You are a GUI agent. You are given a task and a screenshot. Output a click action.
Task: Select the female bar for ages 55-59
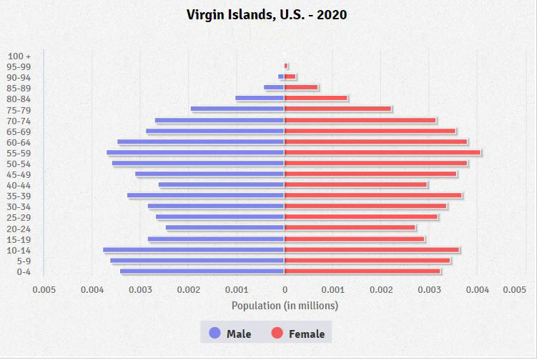coord(382,152)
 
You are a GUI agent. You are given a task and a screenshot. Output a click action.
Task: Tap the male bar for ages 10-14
coord(194,249)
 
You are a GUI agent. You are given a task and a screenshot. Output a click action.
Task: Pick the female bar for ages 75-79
coord(337,109)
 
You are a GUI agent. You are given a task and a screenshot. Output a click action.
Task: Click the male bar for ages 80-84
coord(259,98)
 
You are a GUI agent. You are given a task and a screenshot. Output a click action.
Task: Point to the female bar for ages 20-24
coord(350,228)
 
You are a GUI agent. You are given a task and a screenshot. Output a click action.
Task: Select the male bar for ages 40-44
coord(222,184)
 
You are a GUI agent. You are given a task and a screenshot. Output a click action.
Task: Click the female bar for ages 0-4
coord(362,271)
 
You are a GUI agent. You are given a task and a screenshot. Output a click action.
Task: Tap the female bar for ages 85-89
coord(301,87)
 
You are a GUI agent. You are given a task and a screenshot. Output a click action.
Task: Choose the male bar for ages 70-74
coord(219,120)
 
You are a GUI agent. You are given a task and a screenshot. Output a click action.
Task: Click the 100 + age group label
coord(19,56)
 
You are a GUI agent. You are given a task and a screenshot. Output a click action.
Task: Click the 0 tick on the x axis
coord(285,289)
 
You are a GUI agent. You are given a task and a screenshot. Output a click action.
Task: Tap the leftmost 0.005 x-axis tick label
coord(44,289)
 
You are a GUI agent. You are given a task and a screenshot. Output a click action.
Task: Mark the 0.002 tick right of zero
coord(381,289)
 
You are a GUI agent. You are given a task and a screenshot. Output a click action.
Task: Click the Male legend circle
coord(214,333)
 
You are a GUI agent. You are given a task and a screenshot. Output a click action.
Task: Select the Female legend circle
coord(277,333)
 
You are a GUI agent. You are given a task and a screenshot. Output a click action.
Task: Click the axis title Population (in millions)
coord(285,305)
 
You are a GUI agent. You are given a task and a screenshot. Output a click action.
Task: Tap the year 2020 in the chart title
coord(330,14)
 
